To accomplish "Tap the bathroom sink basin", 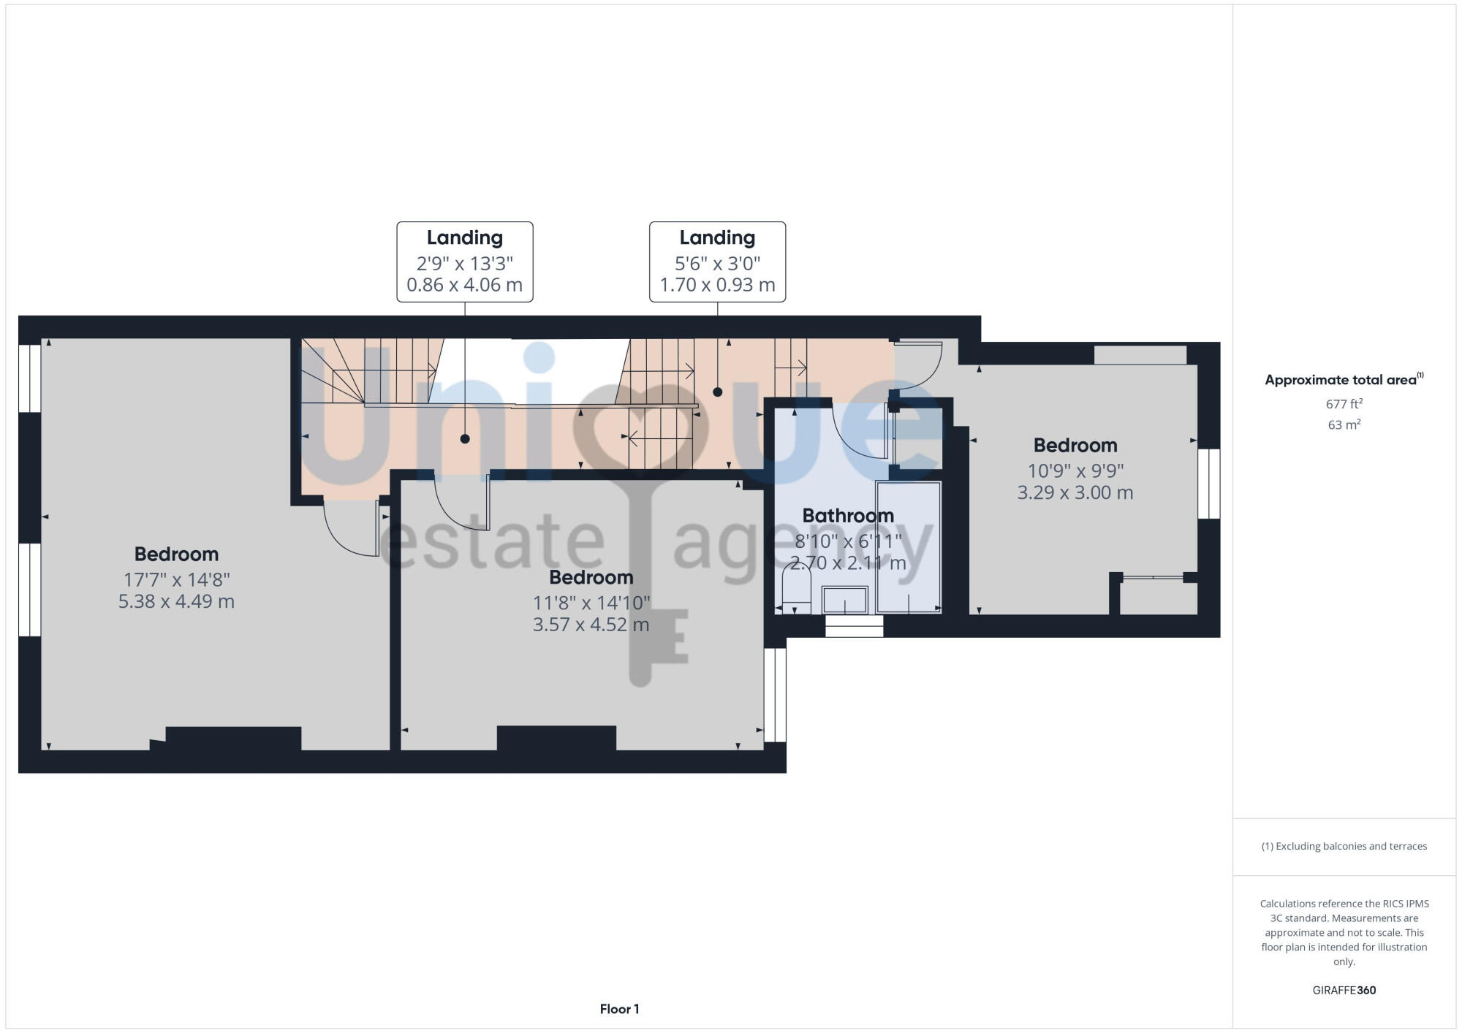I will click(845, 601).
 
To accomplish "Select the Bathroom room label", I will click(848, 516).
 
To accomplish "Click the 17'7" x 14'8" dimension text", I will click(176, 579).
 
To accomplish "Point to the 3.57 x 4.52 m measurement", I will click(591, 625).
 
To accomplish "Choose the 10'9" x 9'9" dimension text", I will click(1075, 470).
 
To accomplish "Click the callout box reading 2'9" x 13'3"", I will click(465, 262).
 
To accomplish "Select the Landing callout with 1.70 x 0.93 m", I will click(717, 262).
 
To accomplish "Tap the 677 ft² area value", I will click(1344, 404).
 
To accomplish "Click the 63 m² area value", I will click(1344, 424).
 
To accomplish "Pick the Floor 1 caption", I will click(619, 1009).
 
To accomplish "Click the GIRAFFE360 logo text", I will click(1344, 991).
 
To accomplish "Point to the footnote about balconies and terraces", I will click(1344, 846).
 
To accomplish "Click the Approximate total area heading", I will click(1344, 380).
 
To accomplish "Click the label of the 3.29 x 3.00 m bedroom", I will click(1075, 446).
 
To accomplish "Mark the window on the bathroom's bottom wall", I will click(854, 626).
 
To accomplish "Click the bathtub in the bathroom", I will click(909, 546).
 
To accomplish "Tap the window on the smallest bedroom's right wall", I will click(1208, 484).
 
